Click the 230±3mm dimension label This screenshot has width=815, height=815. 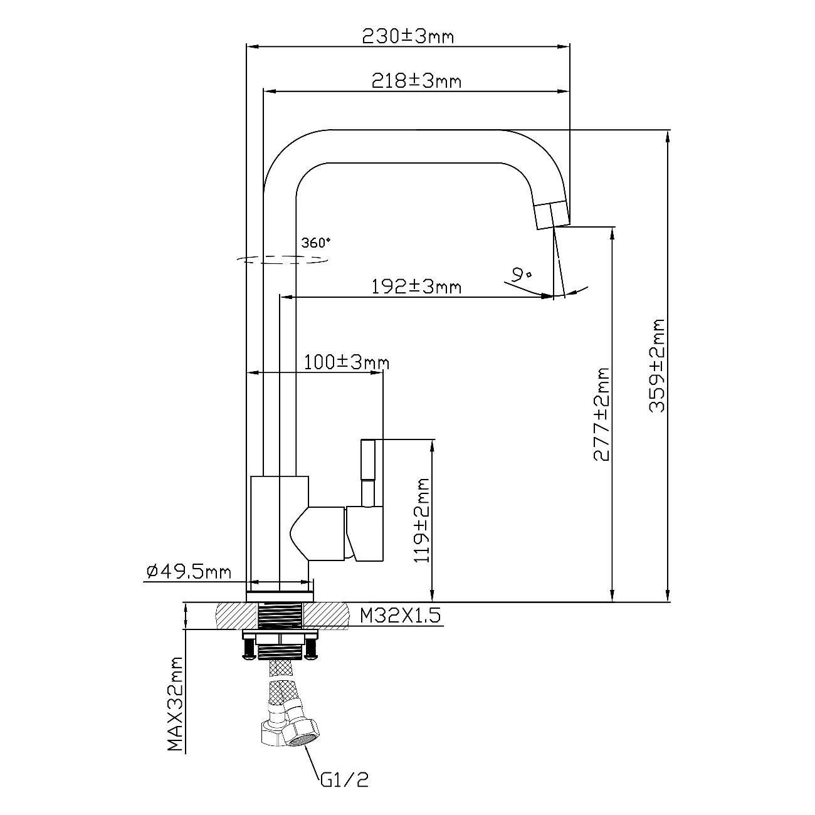pyautogui.click(x=408, y=36)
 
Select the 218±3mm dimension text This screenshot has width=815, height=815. pyautogui.click(x=416, y=81)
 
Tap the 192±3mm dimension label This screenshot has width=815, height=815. pyautogui.click(x=416, y=287)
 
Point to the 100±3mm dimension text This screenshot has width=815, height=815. pyautogui.click(x=347, y=362)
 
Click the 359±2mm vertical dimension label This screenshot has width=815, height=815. pyautogui.click(x=656, y=365)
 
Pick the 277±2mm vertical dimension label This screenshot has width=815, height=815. pyautogui.click(x=601, y=414)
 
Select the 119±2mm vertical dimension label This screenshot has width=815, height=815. pyautogui.click(x=421, y=520)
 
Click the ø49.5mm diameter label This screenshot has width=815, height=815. pyautogui.click(x=188, y=571)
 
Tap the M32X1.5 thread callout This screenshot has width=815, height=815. pyautogui.click(x=400, y=616)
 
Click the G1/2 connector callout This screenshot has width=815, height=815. pyautogui.click(x=344, y=780)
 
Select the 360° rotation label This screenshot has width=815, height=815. pyautogui.click(x=315, y=243)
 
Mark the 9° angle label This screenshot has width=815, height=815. pyautogui.click(x=520, y=274)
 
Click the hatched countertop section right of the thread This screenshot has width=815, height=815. pyautogui.click(x=327, y=616)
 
